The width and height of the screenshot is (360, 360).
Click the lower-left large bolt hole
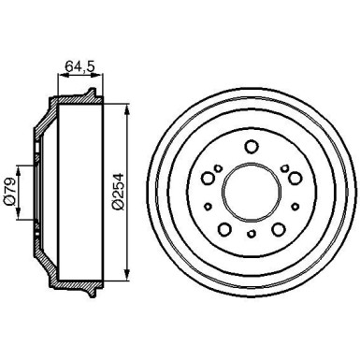(x=224, y=231)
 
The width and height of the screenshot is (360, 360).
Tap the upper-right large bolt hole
(x=295, y=178)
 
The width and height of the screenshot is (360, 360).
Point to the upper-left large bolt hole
(x=208, y=178)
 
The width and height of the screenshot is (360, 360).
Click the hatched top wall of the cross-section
(x=75, y=98)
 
